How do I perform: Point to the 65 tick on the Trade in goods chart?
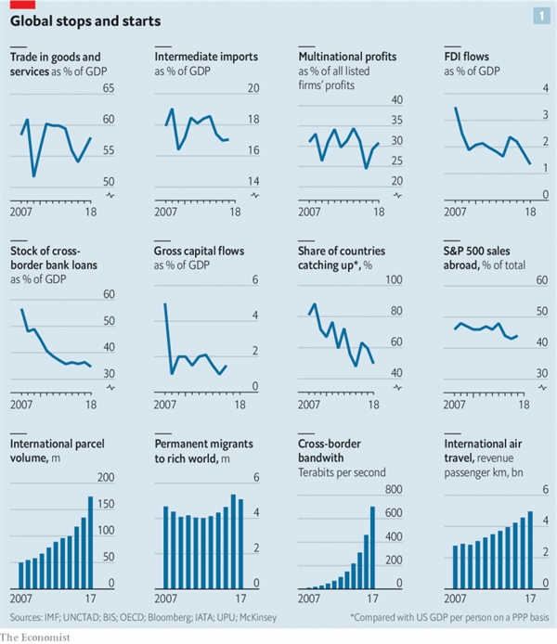pos(108,88)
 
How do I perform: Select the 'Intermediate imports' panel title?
pos(206,58)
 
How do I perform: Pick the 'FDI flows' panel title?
pos(470,58)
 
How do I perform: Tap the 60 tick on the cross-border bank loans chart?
pos(108,295)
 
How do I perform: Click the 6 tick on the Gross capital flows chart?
pos(254,281)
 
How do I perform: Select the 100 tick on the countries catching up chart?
pos(394,281)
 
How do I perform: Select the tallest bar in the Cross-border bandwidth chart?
pos(372,547)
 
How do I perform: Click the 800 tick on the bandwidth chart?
pos(394,491)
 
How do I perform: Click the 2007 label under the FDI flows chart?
pos(457,212)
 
